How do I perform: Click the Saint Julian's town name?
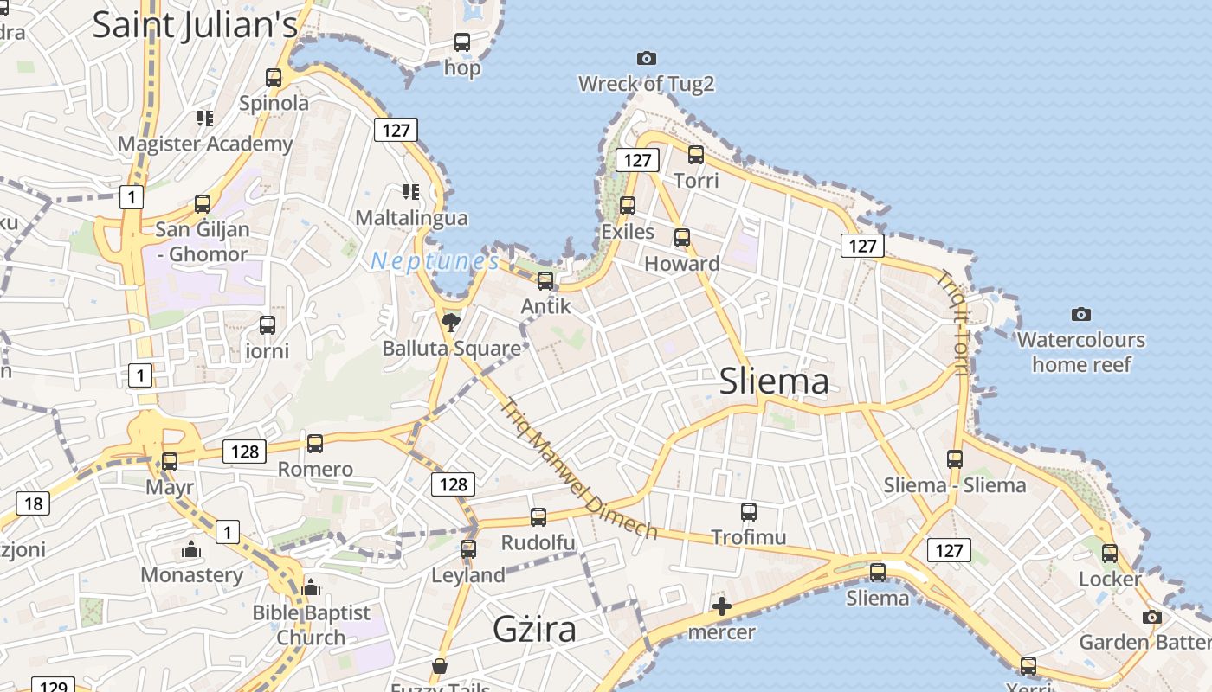click(195, 25)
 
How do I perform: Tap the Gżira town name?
click(534, 629)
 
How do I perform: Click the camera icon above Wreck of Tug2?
click(646, 58)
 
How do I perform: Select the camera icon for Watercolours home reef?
click(1080, 314)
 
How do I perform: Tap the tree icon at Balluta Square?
click(449, 324)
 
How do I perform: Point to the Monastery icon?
click(191, 549)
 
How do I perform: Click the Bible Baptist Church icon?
click(311, 587)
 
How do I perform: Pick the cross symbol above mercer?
click(721, 606)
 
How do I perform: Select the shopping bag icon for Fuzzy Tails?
click(440, 666)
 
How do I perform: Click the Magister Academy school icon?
click(204, 118)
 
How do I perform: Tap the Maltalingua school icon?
click(411, 192)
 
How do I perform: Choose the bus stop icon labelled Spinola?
click(274, 78)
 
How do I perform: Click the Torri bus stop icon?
click(696, 155)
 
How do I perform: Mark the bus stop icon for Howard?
click(682, 238)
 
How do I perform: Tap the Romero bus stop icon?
click(315, 444)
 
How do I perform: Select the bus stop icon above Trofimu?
click(749, 511)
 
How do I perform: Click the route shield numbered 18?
click(33, 504)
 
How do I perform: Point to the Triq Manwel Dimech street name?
click(578, 468)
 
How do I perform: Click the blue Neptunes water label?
click(435, 261)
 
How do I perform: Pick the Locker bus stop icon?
click(1110, 554)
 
